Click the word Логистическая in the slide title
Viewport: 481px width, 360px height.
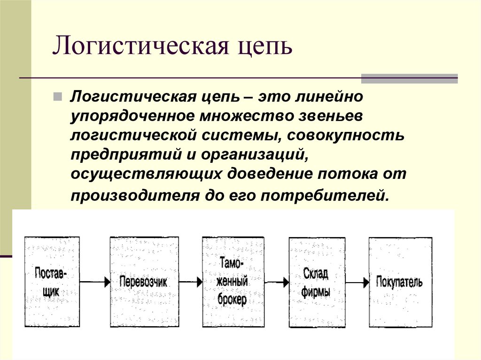(141, 46)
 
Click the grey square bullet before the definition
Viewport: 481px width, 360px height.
(57, 97)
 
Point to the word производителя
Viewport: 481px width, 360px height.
(135, 196)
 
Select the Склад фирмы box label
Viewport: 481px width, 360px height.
(316, 283)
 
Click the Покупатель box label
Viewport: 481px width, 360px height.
(399, 282)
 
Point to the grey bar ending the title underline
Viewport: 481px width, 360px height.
(409, 78)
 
